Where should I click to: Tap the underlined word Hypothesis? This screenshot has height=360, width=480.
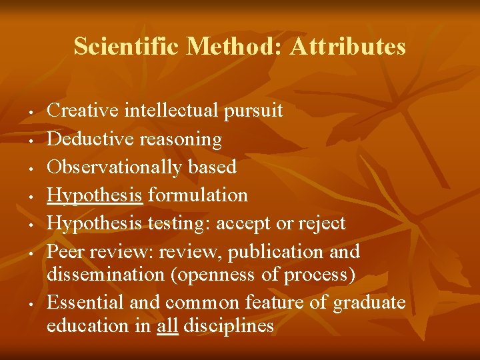click(x=95, y=195)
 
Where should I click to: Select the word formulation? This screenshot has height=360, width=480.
click(x=198, y=195)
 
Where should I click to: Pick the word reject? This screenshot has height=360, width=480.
click(x=323, y=223)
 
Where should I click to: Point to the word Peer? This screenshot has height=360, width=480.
click(x=65, y=251)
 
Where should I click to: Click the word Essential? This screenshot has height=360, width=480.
click(x=83, y=303)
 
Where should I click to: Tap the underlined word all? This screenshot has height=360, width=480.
click(x=167, y=326)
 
